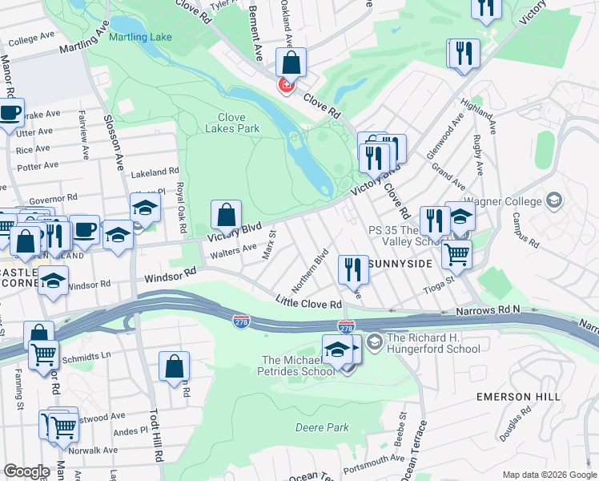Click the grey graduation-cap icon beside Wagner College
click(553, 200)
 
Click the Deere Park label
click(322, 427)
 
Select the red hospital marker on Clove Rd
click(284, 85)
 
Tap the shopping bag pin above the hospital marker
click(291, 62)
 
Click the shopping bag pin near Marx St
click(227, 215)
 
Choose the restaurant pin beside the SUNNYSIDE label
click(353, 269)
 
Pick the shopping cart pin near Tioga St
click(456, 254)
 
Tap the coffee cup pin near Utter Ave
click(10, 113)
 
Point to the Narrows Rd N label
click(488, 309)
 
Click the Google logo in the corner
click(26, 471)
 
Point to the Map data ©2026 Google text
click(549, 475)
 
